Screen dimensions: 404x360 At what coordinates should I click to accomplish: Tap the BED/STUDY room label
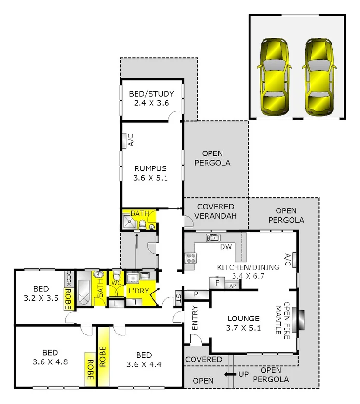(x=151, y=98)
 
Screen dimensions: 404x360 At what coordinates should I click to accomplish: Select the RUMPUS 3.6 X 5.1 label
(x=151, y=173)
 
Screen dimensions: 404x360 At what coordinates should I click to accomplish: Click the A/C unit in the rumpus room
(x=130, y=140)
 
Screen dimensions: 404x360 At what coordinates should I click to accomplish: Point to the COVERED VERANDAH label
(x=216, y=211)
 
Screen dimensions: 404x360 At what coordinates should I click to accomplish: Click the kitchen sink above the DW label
(x=212, y=237)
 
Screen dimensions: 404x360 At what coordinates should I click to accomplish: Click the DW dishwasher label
(x=226, y=247)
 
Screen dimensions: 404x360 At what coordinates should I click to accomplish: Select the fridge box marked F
(x=218, y=283)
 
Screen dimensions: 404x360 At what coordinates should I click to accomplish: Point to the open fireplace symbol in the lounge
(x=301, y=319)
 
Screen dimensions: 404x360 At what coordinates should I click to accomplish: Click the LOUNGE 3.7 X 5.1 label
(x=244, y=323)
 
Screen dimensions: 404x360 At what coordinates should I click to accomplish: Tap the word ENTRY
(x=195, y=318)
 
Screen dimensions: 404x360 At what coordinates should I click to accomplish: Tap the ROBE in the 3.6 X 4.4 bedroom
(x=102, y=357)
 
